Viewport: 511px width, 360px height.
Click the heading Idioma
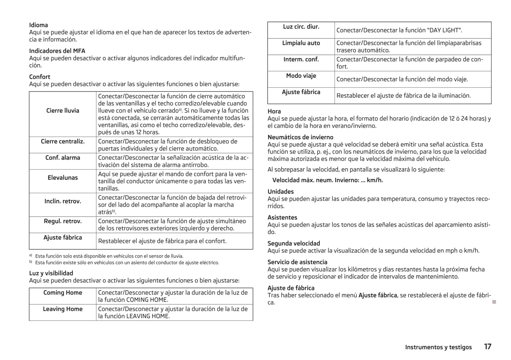(38, 25)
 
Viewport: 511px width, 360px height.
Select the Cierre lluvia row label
(63, 111)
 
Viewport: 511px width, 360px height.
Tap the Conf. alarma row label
(63, 158)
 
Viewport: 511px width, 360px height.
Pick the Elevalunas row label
(63, 178)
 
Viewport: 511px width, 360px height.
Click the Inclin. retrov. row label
(63, 201)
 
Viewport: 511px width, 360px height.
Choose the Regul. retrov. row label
(63, 221)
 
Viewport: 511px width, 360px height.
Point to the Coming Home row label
(63, 293)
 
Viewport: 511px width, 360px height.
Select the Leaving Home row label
(63, 309)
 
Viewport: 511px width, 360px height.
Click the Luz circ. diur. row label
(301, 26)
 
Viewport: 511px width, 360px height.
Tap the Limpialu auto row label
(301, 43)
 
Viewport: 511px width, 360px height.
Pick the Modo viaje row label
(301, 76)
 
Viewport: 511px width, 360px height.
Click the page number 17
(488, 347)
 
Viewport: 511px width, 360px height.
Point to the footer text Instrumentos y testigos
(438, 347)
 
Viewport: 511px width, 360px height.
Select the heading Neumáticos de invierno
(300, 137)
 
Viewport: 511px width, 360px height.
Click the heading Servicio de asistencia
(297, 262)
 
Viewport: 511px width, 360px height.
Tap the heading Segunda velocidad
(294, 243)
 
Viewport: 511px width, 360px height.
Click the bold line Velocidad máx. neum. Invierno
(327, 180)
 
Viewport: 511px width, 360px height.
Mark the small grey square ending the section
(494, 302)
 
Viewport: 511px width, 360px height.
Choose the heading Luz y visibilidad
(51, 273)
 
